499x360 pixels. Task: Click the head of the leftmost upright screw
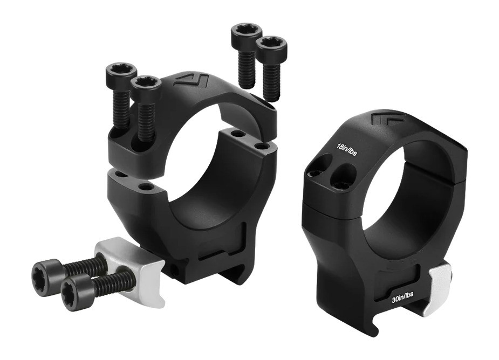pyautogui.click(x=121, y=71)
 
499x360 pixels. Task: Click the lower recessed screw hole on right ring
pyautogui.click(x=344, y=178)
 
